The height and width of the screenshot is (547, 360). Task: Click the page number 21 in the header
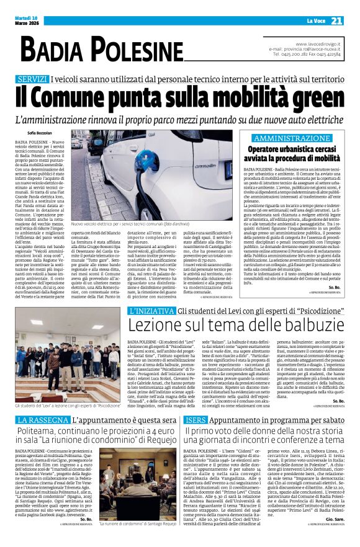tap(336, 21)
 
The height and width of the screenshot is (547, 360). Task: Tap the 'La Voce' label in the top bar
tap(308, 22)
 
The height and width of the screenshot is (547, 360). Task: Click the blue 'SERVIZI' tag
tap(33, 79)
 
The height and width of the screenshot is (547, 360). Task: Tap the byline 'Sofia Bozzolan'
tap(40, 133)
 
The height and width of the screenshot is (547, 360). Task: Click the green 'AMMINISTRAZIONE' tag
tap(291, 137)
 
